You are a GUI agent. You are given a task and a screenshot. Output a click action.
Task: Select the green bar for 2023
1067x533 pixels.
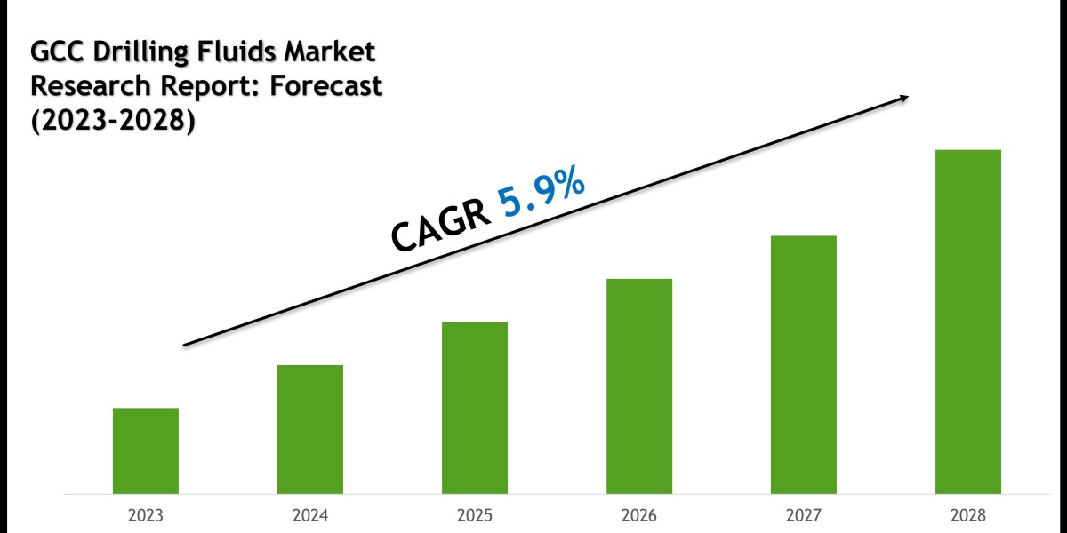tap(146, 450)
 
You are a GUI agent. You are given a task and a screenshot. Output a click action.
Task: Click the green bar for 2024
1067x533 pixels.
tap(310, 429)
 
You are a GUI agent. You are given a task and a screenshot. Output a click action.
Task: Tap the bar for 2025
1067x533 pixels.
tap(475, 408)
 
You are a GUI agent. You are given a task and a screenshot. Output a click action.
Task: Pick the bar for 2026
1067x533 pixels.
tap(639, 386)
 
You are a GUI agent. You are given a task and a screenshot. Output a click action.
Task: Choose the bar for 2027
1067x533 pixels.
tap(804, 364)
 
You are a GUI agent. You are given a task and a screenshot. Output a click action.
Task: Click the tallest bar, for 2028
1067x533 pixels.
tap(968, 322)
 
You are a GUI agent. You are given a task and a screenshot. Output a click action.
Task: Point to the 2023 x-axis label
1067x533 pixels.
tap(146, 515)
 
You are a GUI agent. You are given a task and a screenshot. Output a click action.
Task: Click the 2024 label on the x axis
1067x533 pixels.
tap(310, 515)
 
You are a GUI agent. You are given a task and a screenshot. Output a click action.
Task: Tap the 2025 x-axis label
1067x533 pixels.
tap(475, 515)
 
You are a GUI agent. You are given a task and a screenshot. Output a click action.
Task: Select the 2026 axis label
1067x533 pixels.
tap(639, 515)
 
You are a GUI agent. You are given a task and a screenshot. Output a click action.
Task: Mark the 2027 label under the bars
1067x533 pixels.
tap(804, 515)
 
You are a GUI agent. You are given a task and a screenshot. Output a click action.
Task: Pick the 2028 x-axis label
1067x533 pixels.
tap(968, 515)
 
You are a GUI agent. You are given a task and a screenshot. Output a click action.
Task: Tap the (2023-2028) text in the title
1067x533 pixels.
tap(113, 121)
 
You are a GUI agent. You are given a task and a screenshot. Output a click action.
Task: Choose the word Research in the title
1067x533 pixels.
tap(81, 87)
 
